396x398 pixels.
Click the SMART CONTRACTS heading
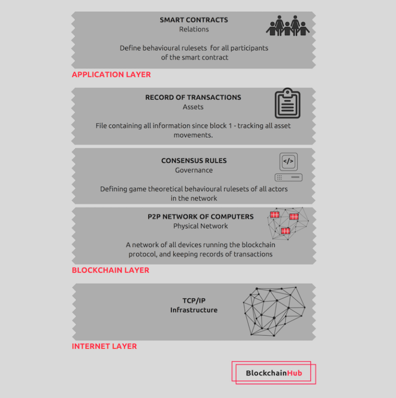(193, 20)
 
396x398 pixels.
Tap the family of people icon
(287, 26)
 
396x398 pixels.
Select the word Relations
(194, 29)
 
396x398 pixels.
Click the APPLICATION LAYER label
(111, 75)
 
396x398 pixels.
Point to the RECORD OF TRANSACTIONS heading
(193, 97)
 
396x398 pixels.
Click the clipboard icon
(287, 104)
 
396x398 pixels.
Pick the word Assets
(193, 107)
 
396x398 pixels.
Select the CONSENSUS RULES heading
(194, 161)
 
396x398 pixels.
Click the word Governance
(194, 170)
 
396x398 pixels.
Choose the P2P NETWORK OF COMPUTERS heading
(201, 217)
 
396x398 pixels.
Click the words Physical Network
(201, 226)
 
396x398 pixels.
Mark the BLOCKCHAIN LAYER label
(110, 270)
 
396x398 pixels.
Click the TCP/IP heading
(194, 301)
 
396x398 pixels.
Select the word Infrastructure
(194, 310)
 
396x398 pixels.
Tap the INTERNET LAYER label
(104, 347)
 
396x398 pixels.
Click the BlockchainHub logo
(274, 373)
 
